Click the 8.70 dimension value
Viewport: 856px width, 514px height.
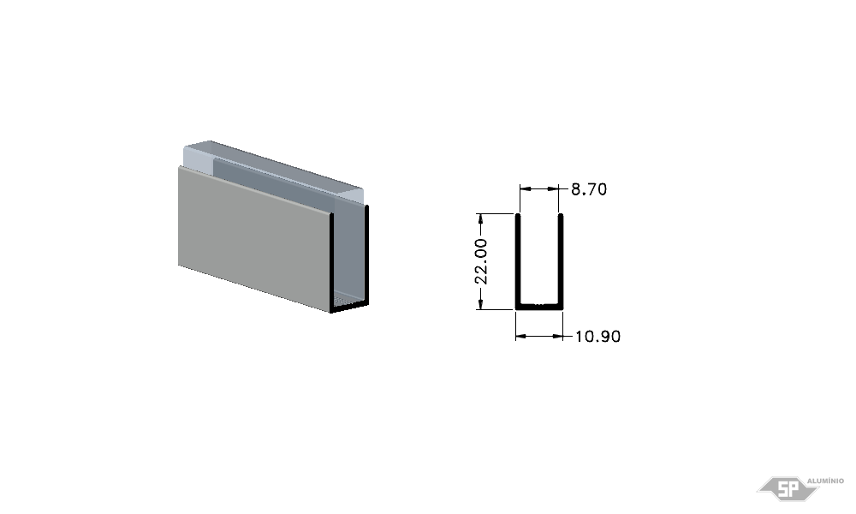(589, 189)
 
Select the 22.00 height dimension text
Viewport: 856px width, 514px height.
(481, 261)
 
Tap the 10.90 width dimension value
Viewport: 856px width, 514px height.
(597, 337)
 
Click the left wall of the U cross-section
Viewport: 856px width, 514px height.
(518, 261)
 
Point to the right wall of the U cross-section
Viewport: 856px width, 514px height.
(561, 261)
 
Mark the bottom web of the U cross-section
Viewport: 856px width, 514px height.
(539, 307)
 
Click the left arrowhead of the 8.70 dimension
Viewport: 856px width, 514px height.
(525, 189)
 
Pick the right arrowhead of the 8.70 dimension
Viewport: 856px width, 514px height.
(554, 189)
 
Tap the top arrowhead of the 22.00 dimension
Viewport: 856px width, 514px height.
(480, 219)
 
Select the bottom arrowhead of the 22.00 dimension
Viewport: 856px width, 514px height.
(480, 304)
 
